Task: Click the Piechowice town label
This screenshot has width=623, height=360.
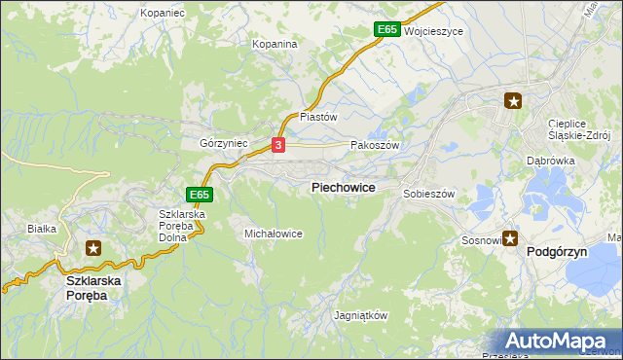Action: click(343, 187)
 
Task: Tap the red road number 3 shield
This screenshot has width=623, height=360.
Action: click(279, 145)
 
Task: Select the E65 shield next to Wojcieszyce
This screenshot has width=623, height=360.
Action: click(387, 30)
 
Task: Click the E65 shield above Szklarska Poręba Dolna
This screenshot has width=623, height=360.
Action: click(200, 195)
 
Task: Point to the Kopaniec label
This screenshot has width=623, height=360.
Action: click(162, 13)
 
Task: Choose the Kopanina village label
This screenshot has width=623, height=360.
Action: click(275, 45)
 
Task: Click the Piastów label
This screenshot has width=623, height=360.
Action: click(318, 116)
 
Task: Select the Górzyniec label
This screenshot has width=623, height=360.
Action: click(224, 143)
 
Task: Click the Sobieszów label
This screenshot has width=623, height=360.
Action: click(429, 194)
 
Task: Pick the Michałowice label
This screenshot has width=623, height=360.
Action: click(274, 234)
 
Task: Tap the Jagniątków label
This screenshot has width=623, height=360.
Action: click(361, 316)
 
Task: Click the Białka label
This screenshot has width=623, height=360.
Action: click(43, 229)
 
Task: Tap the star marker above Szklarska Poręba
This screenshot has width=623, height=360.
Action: click(92, 248)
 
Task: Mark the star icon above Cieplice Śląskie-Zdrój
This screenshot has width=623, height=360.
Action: click(513, 100)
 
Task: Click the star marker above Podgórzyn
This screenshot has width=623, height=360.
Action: click(510, 238)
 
